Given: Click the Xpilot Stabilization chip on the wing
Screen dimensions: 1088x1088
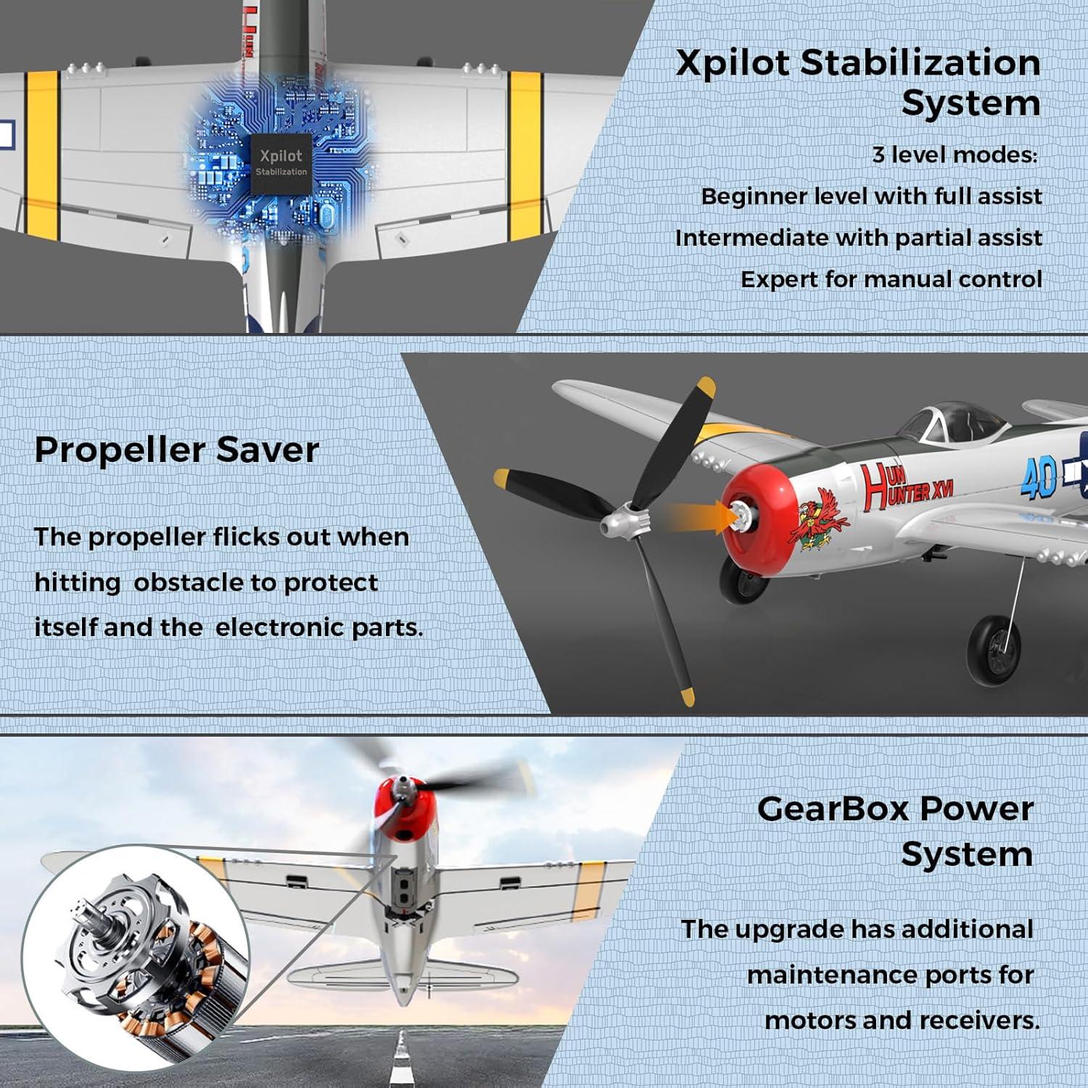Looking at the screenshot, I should point(281,163).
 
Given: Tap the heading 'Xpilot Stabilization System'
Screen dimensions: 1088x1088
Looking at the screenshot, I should point(858,82).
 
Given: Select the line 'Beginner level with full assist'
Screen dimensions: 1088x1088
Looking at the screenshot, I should point(871,197).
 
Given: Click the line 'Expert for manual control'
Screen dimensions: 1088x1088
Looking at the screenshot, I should point(891,279).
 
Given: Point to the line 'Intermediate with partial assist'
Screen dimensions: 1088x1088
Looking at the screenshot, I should point(858,238).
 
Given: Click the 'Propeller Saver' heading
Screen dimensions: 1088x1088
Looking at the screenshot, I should point(176,450).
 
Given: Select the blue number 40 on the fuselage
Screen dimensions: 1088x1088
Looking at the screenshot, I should point(1039,479).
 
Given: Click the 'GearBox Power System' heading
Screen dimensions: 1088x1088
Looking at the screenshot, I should point(894,831).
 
